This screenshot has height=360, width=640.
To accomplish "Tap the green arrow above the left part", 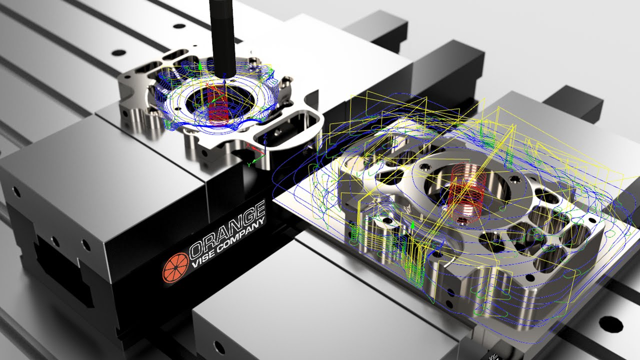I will click(x=200, y=65).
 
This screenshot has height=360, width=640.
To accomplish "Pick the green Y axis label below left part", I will click(x=249, y=164).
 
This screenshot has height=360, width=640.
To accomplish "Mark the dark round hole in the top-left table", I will click(x=118, y=52).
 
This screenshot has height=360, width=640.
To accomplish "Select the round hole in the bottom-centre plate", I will click(x=218, y=345).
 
